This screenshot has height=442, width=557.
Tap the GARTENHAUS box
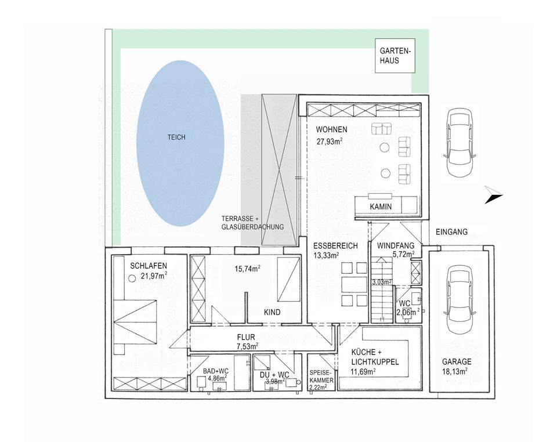pyautogui.click(x=393, y=56)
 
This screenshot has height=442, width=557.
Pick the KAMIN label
pyautogui.click(x=381, y=206)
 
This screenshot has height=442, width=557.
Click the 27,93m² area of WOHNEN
pyautogui.click(x=329, y=140)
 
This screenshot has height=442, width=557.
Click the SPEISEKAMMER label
pyautogui.click(x=321, y=376)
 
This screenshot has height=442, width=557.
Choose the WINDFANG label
pyautogui.click(x=394, y=246)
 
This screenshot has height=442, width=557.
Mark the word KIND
pyautogui.click(x=272, y=312)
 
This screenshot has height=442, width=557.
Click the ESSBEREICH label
pyautogui.click(x=335, y=246)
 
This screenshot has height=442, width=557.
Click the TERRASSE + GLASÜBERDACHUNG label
pyautogui.click(x=252, y=223)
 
